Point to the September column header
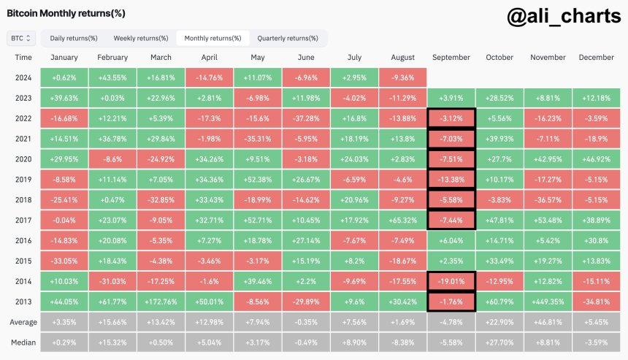[x=451, y=58]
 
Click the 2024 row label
[x=23, y=77]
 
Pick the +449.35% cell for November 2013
[x=548, y=301]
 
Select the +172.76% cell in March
[x=161, y=301]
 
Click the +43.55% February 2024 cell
[x=112, y=77]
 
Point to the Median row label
[x=23, y=342]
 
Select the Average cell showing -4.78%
[x=451, y=322]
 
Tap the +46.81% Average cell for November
[x=548, y=322]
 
